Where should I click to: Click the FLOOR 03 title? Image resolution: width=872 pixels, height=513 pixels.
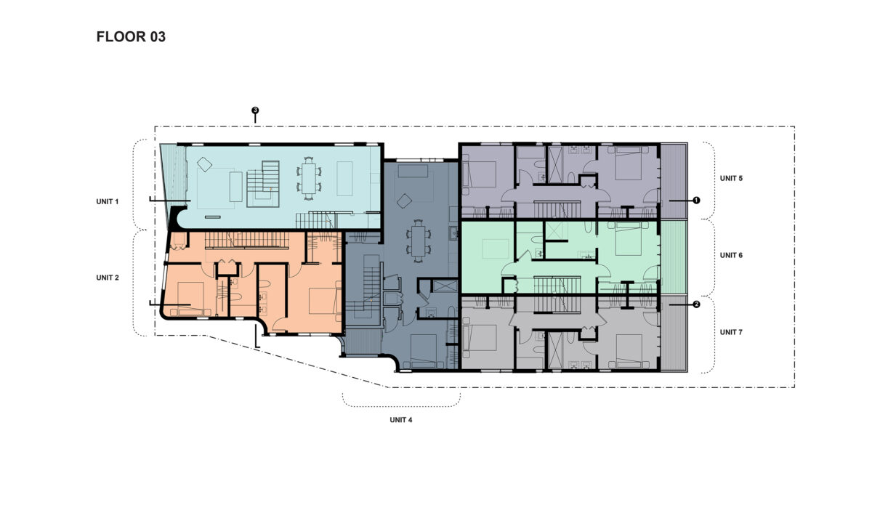(x=131, y=37)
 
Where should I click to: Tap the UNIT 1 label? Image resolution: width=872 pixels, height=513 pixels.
(x=107, y=201)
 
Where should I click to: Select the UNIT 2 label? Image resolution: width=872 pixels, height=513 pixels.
(x=107, y=278)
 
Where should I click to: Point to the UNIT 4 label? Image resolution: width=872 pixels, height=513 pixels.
(x=400, y=420)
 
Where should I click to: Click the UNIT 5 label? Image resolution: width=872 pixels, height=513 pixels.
(x=731, y=178)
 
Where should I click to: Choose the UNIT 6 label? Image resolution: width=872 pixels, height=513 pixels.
(x=731, y=256)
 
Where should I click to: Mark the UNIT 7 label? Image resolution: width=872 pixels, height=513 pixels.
(x=731, y=332)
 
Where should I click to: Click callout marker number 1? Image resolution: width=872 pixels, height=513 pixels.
(x=696, y=200)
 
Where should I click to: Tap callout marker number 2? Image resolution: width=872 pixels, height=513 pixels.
(x=696, y=305)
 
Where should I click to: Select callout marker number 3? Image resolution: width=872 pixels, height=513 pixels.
(x=255, y=110)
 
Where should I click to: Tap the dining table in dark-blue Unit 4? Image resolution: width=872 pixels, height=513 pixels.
(x=418, y=241)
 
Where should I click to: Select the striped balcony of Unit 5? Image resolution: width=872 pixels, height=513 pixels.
(x=674, y=181)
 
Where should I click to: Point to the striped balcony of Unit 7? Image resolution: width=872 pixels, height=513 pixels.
(x=674, y=334)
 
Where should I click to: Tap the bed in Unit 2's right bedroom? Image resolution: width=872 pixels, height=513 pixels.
(x=325, y=301)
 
